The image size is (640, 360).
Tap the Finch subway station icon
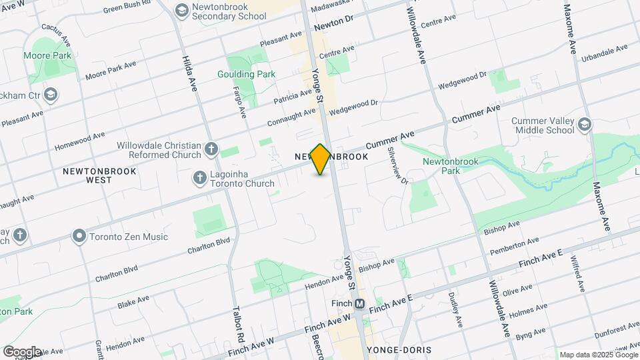click(x=360, y=304)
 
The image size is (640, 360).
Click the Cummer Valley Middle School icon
click(x=585, y=125)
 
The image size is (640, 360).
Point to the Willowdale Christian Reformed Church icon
click(x=211, y=149)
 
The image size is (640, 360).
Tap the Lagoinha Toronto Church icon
click(x=199, y=177)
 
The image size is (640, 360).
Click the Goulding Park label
click(x=246, y=75)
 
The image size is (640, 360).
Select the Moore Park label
click(x=47, y=56)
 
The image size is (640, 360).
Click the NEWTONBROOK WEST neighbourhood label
click(x=99, y=175)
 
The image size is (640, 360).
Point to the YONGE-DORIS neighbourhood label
click(x=398, y=349)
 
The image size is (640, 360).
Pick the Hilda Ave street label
click(x=190, y=73)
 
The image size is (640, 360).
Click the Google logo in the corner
click(x=22, y=351)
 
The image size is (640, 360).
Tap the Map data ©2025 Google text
click(x=598, y=355)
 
